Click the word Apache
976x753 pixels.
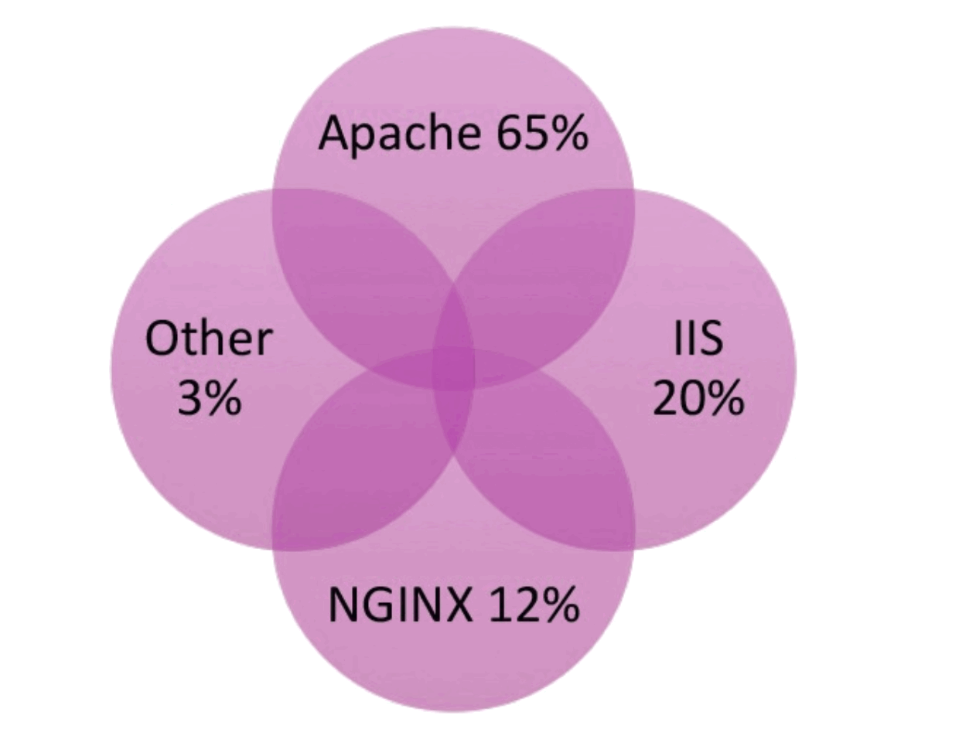(x=399, y=134)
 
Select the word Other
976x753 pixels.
(x=209, y=339)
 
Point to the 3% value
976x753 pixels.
(x=209, y=398)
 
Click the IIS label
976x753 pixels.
(x=698, y=339)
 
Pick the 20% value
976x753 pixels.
(x=698, y=398)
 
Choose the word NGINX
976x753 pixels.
(x=399, y=604)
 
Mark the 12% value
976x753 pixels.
(x=534, y=604)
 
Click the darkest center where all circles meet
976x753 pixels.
(x=453, y=369)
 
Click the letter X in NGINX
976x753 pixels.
(x=456, y=604)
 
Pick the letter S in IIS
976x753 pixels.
(x=711, y=339)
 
